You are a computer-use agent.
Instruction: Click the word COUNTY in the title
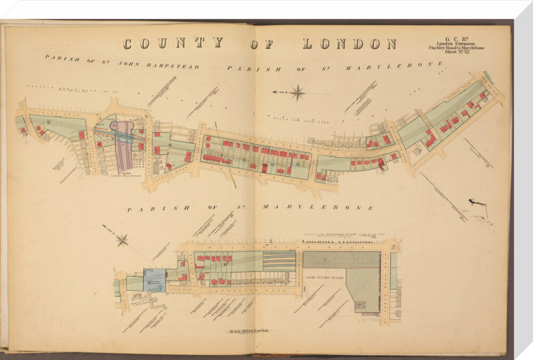tap(173, 44)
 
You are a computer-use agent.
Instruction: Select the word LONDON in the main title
tap(350, 44)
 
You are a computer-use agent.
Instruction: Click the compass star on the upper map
tap(297, 93)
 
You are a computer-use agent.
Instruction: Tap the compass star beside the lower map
tap(122, 240)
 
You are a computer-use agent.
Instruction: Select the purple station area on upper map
tap(125, 143)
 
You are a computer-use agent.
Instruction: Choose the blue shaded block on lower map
tap(155, 281)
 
